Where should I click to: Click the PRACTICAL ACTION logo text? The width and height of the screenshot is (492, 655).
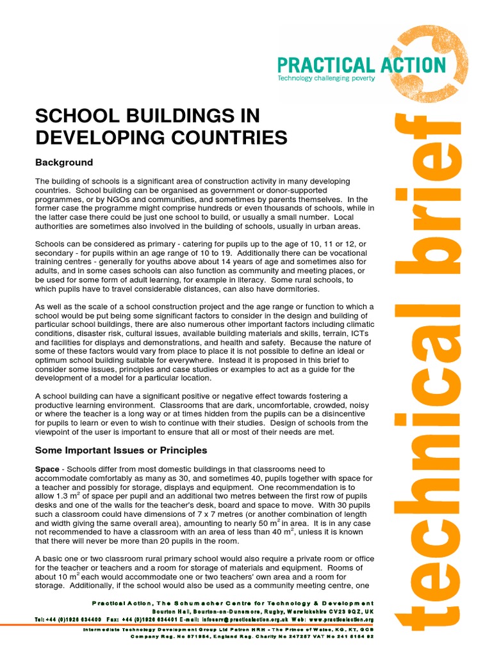pos(361,65)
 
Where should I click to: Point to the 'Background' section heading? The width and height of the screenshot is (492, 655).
pos(64,162)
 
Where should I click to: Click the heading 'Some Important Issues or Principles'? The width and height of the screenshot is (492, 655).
pos(121,450)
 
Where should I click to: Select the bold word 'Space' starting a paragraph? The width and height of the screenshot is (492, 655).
pos(47,470)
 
